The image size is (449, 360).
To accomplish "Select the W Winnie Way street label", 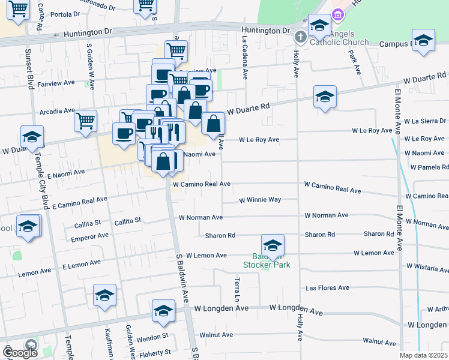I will [260, 200].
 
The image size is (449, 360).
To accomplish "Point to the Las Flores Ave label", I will [327, 288].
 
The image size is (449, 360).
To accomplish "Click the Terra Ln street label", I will [238, 289].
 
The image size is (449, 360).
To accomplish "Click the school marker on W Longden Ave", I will [163, 310].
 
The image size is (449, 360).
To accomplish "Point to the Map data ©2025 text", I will [423, 355].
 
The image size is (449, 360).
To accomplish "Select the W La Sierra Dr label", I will [425, 121].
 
